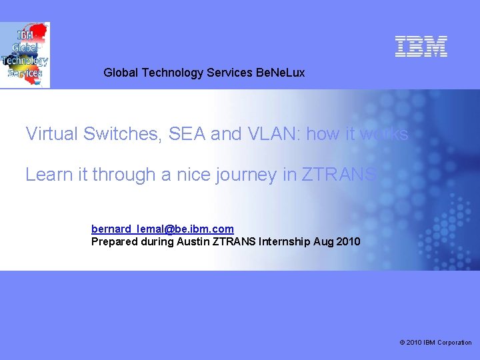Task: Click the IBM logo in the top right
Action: [x=421, y=46]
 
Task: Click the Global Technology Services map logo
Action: [x=25, y=55]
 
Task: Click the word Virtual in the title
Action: [x=52, y=134]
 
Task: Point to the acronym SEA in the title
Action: [x=187, y=134]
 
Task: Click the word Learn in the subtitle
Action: [x=47, y=175]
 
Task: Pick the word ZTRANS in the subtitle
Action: [x=339, y=175]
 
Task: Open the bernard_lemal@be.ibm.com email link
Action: [x=163, y=229]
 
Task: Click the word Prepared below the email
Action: [x=114, y=241]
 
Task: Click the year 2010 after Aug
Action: [x=349, y=241]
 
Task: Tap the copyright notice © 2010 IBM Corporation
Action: [x=435, y=343]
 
